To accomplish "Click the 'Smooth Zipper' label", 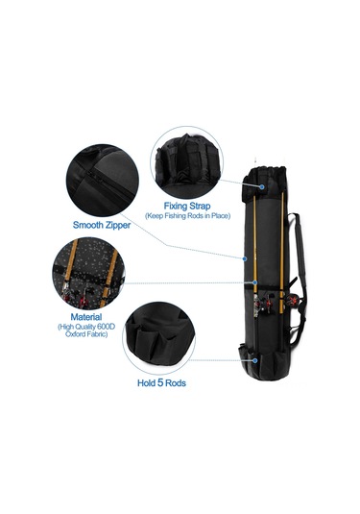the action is (x=102, y=225).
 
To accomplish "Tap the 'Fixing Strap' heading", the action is (x=187, y=207).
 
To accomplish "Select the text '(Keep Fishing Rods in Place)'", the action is (x=188, y=216).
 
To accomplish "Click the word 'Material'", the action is (x=86, y=317).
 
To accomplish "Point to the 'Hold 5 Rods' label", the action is (x=161, y=383).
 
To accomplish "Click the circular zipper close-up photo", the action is (x=102, y=181).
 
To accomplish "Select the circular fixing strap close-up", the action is (x=187, y=162).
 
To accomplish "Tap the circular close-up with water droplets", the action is (x=88, y=274).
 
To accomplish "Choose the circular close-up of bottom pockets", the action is (x=159, y=338).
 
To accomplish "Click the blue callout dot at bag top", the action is (x=262, y=186).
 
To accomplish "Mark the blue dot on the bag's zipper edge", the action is (x=245, y=259).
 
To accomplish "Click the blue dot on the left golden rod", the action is (x=254, y=282).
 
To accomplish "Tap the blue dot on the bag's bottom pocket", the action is (x=254, y=360).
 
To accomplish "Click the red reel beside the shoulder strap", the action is (x=293, y=300).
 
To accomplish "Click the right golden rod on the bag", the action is (x=281, y=253).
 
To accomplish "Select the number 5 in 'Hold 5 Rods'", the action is (x=160, y=382).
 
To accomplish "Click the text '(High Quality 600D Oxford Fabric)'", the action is (x=86, y=330).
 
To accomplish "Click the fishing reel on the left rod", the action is (x=264, y=305).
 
